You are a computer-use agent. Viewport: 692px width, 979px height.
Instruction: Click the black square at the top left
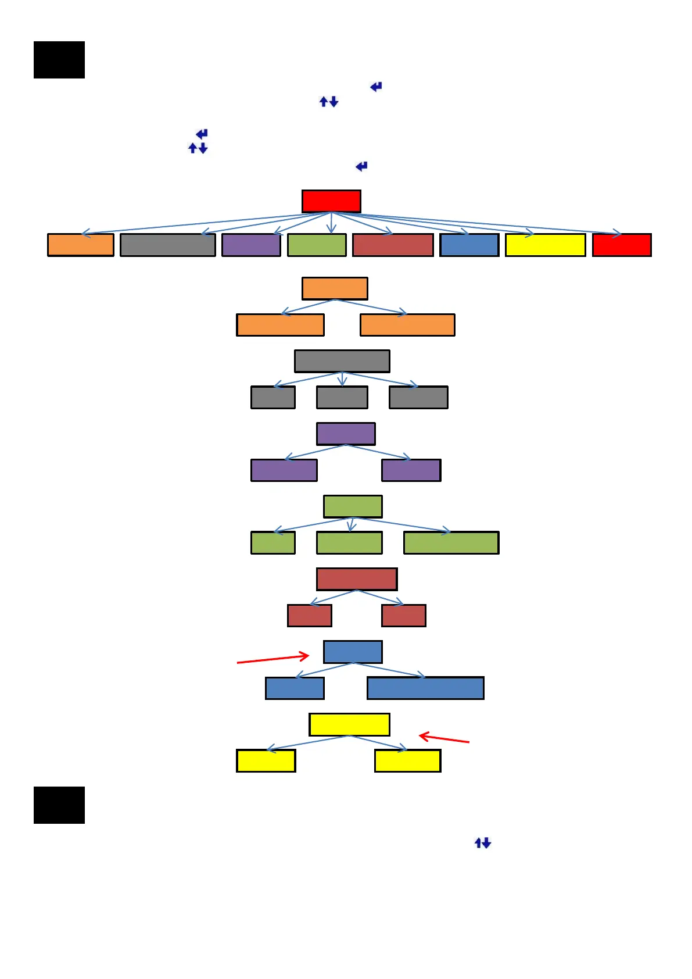click(59, 60)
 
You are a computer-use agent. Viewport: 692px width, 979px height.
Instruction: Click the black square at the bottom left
click(59, 805)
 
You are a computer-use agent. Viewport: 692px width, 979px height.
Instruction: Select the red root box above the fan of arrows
click(331, 201)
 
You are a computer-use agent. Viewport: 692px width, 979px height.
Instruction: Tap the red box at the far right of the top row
click(622, 245)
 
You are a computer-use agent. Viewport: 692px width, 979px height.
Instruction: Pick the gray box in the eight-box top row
click(167, 245)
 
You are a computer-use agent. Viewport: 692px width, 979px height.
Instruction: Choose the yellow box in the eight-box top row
click(545, 245)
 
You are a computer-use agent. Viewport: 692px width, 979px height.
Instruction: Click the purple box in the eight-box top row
click(251, 245)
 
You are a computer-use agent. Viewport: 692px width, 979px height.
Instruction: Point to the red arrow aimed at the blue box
click(273, 659)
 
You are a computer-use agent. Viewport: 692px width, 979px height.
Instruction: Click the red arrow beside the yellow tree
click(444, 738)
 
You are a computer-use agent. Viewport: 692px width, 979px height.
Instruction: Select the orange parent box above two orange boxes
click(335, 288)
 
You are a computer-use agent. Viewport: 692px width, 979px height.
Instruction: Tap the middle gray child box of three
click(342, 398)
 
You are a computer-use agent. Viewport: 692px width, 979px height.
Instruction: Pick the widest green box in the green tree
click(451, 542)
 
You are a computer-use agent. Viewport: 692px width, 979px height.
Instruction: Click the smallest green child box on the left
click(273, 542)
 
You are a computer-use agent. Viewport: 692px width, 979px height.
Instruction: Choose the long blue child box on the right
click(425, 688)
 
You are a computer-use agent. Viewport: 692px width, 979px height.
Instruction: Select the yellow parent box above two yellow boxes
click(349, 724)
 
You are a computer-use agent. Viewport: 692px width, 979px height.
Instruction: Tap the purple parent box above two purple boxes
click(346, 434)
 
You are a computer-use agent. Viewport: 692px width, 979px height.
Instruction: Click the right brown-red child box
click(404, 616)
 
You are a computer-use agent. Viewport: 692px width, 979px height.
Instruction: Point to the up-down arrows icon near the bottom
click(483, 843)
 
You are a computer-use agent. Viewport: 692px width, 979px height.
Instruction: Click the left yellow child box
click(266, 760)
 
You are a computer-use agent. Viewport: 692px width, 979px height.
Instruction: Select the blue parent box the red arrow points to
click(353, 652)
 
